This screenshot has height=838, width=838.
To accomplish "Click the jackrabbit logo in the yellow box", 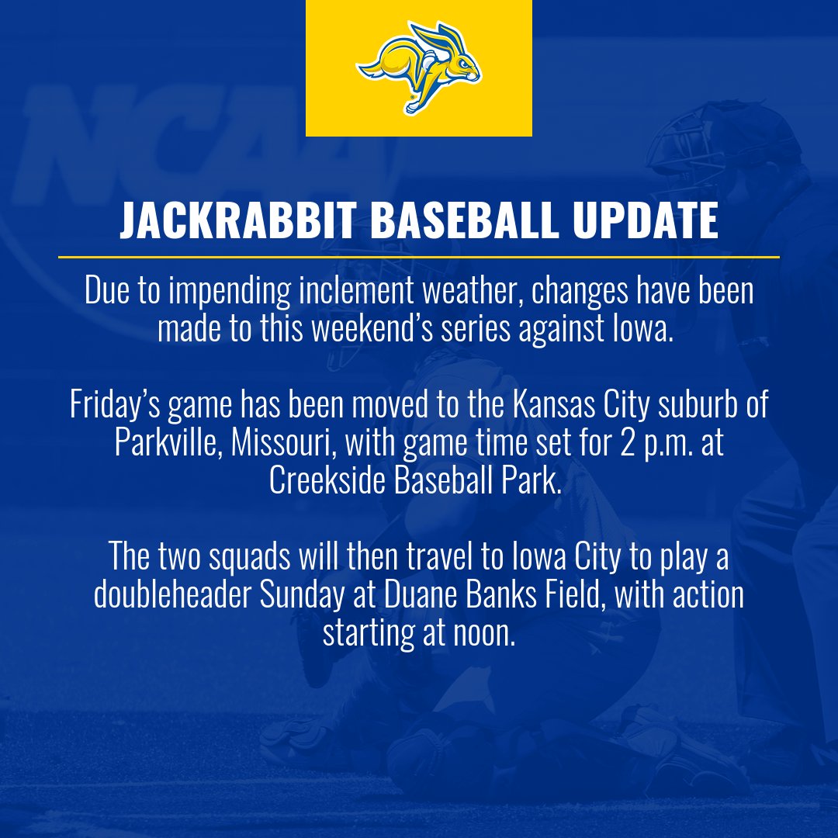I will tap(419, 68).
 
